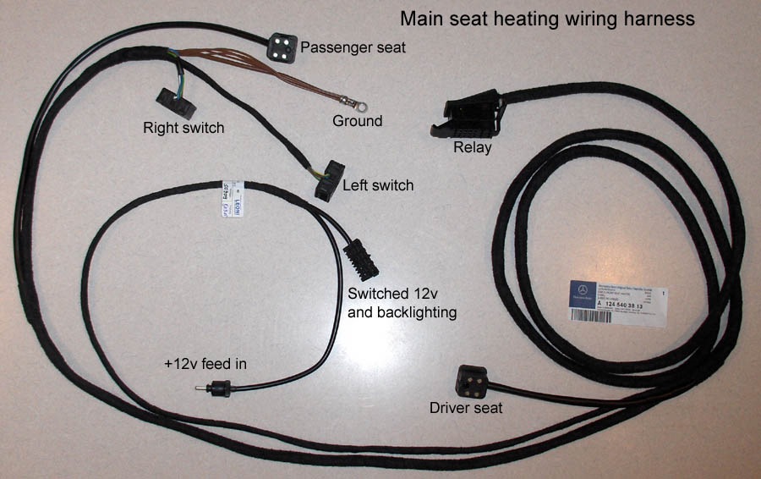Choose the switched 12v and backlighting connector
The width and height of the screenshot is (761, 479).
[359, 257]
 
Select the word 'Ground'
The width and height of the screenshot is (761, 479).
[356, 121]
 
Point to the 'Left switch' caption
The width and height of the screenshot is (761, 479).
[377, 184]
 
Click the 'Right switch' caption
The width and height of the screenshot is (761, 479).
[183, 129]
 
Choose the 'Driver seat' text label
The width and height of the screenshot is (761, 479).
[466, 409]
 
